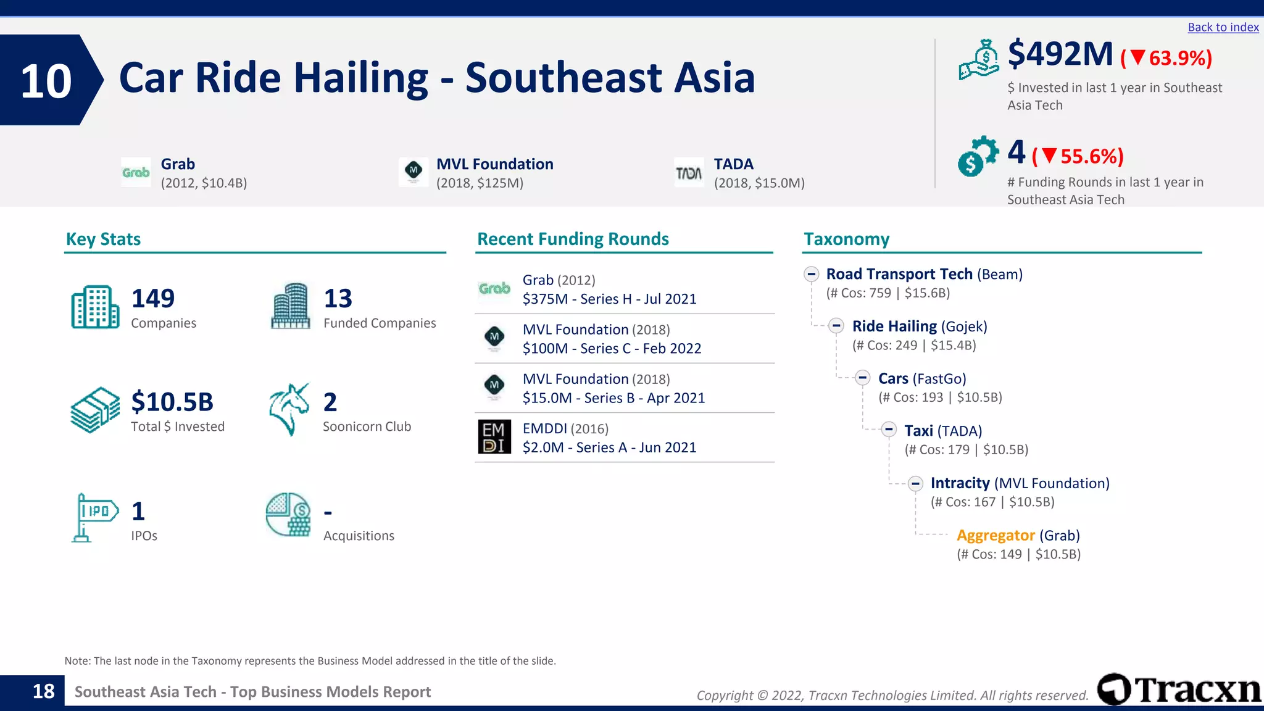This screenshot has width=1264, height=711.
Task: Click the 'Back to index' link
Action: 1223,27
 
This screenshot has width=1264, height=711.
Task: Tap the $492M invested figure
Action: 1060,54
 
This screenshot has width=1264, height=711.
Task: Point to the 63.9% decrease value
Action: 1179,58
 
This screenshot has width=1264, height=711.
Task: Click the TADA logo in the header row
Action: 689,173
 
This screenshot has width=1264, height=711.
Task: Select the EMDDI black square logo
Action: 494,437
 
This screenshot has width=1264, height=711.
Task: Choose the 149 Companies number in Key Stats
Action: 153,299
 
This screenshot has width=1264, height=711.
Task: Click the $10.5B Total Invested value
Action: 172,402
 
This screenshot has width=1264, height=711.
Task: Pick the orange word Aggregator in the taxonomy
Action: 996,535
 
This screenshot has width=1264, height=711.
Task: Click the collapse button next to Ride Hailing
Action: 836,326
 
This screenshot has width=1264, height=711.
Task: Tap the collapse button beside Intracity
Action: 915,483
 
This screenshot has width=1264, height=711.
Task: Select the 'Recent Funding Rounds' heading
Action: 573,239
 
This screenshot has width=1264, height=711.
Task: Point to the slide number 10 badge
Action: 47,80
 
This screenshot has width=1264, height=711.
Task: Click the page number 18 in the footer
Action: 43,691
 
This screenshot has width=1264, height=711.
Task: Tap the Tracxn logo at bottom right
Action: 1179,689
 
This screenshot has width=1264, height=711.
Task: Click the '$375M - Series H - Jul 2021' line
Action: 609,299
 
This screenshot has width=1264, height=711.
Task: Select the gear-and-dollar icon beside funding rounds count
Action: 978,156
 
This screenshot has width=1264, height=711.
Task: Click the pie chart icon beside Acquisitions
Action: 288,515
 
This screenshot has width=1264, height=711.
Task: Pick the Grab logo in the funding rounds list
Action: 494,289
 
